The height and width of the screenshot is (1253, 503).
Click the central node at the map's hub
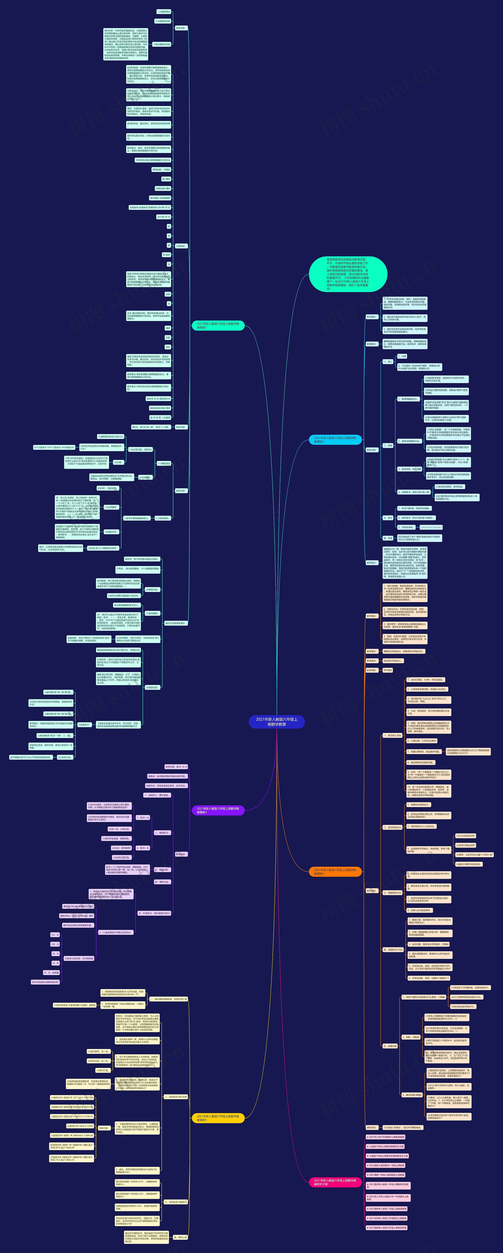[x=277, y=721]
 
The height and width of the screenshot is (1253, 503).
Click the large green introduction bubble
[x=348, y=274]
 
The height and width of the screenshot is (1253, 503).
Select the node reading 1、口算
[x=402, y=356]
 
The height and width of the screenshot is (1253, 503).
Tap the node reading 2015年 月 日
[x=164, y=217]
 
